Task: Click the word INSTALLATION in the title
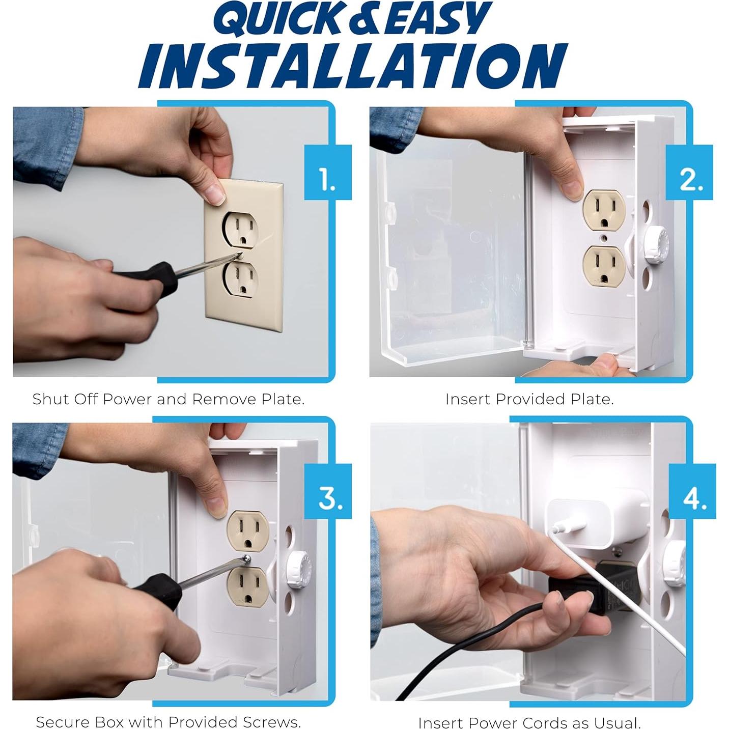pyautogui.click(x=353, y=66)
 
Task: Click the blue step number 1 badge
pyautogui.click(x=328, y=173)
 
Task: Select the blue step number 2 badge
pyautogui.click(x=689, y=173)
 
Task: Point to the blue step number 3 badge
pyautogui.click(x=328, y=491)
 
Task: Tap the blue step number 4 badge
pyautogui.click(x=692, y=491)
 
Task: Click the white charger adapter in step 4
pyautogui.click(x=598, y=523)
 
